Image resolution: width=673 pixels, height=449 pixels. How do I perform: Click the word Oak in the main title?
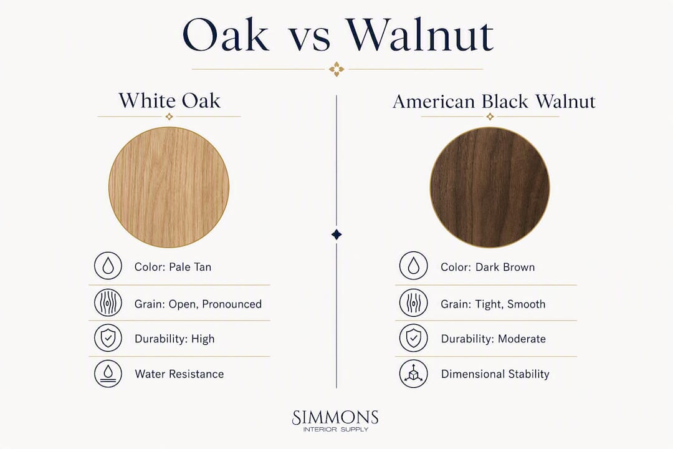226,35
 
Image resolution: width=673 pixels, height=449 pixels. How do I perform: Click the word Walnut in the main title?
420,35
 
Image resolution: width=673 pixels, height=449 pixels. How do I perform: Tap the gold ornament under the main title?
336,69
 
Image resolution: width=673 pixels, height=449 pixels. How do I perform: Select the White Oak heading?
169,100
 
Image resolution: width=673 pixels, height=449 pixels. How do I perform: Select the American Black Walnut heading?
494,102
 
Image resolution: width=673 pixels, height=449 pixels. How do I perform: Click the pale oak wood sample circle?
169,187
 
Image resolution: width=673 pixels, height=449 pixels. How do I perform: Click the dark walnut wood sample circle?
490,187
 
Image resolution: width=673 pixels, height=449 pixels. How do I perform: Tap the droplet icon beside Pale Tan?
108,266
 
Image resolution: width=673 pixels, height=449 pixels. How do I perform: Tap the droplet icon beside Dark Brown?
413,266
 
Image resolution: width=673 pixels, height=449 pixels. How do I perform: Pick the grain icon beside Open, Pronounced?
108,302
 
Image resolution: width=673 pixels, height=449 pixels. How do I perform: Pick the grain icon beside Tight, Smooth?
413,302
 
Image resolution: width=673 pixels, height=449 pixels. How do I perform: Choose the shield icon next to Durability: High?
108,338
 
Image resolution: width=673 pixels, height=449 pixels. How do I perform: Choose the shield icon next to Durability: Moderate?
413,338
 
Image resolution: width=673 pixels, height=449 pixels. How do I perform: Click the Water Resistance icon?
108,374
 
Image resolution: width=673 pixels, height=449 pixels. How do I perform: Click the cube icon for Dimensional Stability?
413,374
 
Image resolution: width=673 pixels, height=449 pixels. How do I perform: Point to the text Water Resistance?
179,374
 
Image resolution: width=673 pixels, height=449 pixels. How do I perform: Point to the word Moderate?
522,339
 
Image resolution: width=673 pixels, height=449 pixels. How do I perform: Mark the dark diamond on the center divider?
336,234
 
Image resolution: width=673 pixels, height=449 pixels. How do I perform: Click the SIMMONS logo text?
335,417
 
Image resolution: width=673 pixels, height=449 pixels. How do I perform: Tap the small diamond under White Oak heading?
169,117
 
